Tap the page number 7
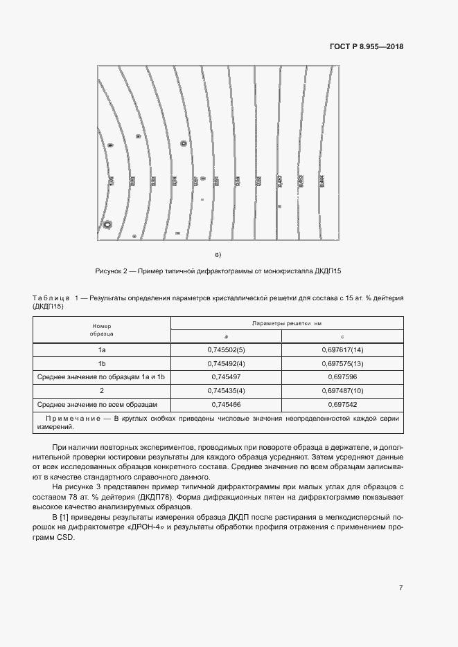pyautogui.click(x=401, y=587)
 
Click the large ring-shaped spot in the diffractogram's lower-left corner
pyautogui.click(x=107, y=224)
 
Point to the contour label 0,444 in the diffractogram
pyautogui.click(x=321, y=181)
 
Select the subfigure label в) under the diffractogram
pyautogui.click(x=218, y=254)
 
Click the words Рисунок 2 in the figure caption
pyautogui.click(x=110, y=271)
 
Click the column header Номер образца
pyautogui.click(x=102, y=329)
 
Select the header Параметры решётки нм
pyautogui.click(x=287, y=323)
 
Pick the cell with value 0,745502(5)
pyautogui.click(x=227, y=350)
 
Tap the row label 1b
pyautogui.click(x=102, y=363)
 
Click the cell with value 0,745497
pyautogui.click(x=227, y=376)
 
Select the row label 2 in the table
pyautogui.click(x=102, y=390)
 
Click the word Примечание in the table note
pyautogui.click(x=74, y=420)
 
